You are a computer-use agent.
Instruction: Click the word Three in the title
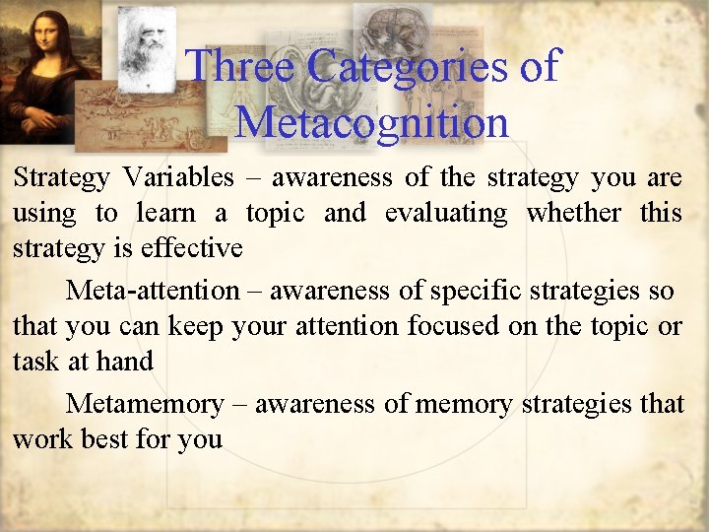pos(241,67)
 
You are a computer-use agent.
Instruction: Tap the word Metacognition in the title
pos(372,122)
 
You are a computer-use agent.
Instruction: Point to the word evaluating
pos(447,213)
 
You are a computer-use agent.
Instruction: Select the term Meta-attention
pos(153,291)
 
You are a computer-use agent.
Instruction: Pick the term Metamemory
pos(145,404)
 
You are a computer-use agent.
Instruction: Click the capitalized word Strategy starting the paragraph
pos(61,177)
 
